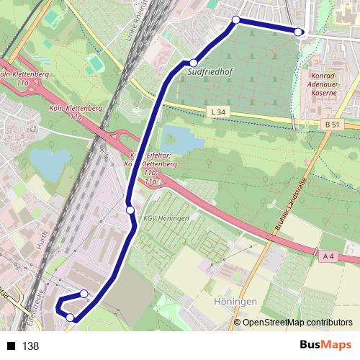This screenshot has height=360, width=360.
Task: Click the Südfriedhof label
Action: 208,73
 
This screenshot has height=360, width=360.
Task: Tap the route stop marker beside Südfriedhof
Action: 193,63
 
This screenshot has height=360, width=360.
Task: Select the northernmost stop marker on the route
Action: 235,20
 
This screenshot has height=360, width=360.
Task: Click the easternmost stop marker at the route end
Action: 299,31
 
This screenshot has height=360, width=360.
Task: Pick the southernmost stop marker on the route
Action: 70,317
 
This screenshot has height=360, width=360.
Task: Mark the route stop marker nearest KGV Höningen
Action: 130,210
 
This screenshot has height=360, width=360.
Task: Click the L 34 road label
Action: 220,112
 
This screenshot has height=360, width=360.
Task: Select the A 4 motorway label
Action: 328,256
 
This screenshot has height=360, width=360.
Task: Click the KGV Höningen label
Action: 166,218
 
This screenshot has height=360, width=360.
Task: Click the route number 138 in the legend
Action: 30,346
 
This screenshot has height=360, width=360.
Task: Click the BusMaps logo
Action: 325,346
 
